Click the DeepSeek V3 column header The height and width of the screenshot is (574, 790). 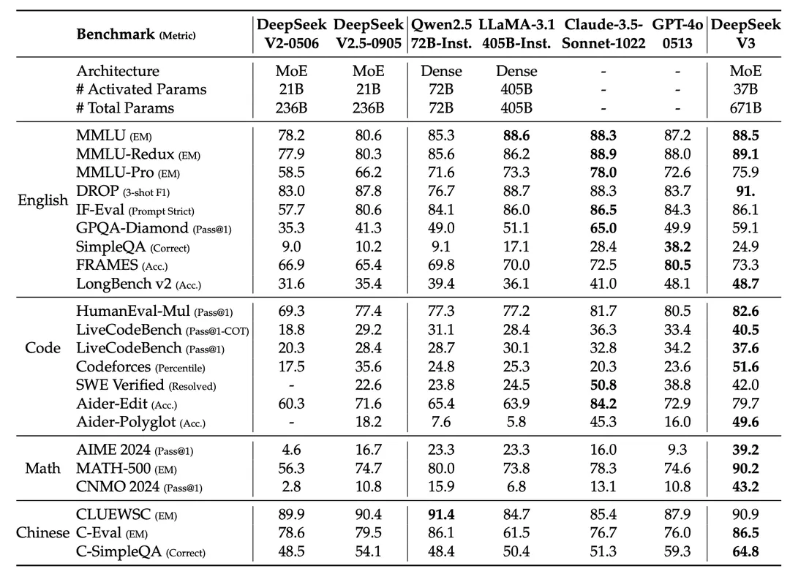point(745,34)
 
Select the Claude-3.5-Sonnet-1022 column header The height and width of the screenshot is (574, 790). point(603,34)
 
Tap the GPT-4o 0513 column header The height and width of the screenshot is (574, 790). point(677,34)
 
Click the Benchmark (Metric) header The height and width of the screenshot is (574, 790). point(136,34)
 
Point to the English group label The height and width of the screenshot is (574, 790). point(43,200)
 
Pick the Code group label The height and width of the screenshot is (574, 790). point(43,348)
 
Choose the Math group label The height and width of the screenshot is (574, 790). point(43,468)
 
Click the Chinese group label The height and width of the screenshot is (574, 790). point(43,533)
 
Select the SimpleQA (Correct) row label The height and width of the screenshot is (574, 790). point(132,246)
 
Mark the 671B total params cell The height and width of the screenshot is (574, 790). point(745,108)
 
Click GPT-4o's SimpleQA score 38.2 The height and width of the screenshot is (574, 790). point(677,246)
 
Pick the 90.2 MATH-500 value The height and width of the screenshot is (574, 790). point(745,468)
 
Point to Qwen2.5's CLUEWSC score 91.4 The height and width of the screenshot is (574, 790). point(441,515)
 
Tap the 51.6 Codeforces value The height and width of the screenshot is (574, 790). point(745,366)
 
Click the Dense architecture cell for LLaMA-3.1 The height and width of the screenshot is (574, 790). point(516,71)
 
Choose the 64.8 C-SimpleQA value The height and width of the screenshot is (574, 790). point(745,552)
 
